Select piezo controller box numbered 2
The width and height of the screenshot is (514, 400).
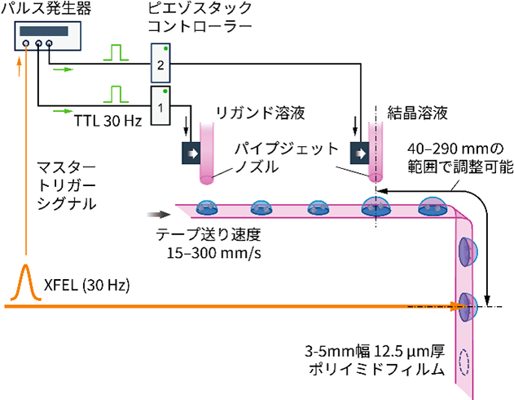click(160, 64)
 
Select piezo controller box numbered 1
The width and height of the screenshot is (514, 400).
click(160, 104)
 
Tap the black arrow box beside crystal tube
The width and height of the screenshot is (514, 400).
click(358, 152)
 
